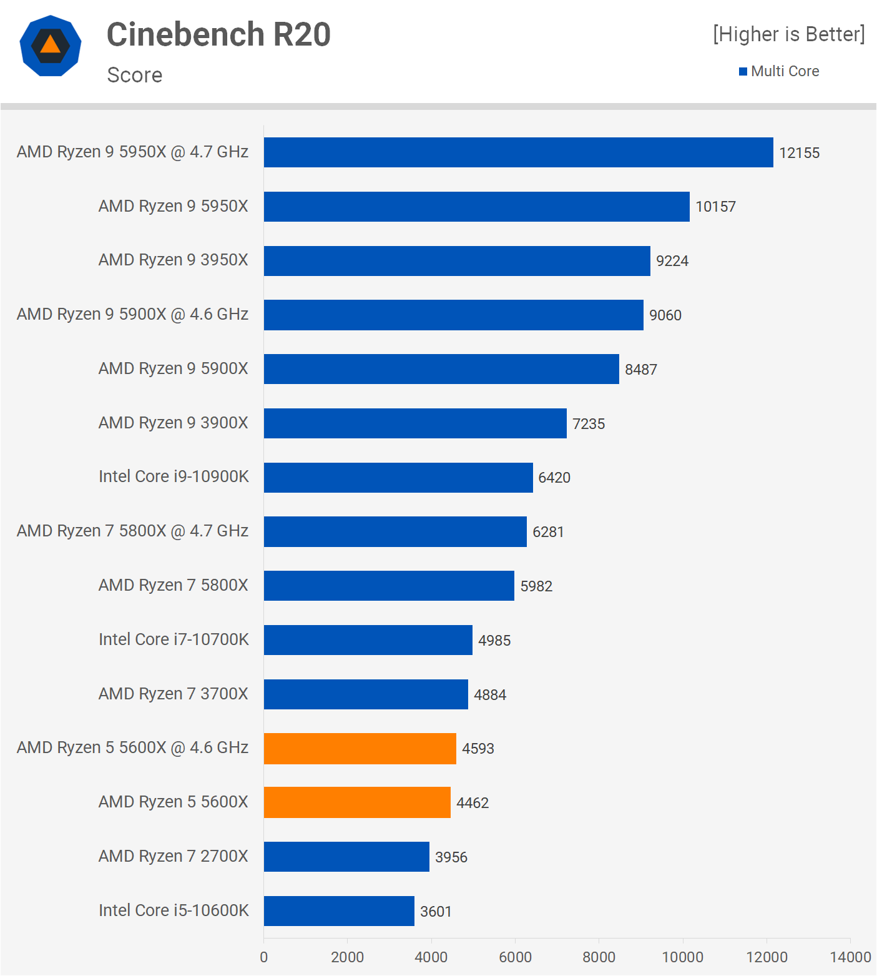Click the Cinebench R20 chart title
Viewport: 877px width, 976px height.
[x=218, y=34]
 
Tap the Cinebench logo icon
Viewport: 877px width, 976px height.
[x=51, y=46]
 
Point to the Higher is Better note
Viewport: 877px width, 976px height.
[x=789, y=34]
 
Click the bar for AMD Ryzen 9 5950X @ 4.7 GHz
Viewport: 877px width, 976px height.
[x=518, y=152]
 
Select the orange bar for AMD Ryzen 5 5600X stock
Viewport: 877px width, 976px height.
[x=357, y=802]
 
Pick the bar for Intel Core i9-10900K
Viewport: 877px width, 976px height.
[x=398, y=478]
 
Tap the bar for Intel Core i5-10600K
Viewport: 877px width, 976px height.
[x=339, y=911]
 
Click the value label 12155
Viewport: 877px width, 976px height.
[x=799, y=153]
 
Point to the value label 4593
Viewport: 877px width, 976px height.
[x=478, y=749]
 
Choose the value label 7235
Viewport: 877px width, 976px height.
[x=589, y=424]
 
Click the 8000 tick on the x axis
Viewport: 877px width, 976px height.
[x=599, y=957]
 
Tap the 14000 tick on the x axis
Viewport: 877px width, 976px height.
[x=850, y=957]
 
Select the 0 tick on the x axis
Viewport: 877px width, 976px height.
[x=264, y=957]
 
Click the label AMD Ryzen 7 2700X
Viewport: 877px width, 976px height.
[x=173, y=856]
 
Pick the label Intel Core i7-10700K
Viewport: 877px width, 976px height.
[x=174, y=639]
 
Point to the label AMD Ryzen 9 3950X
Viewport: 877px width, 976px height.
[x=173, y=260]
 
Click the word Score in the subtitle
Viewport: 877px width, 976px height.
[x=135, y=75]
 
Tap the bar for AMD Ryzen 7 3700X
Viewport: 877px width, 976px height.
[x=366, y=694]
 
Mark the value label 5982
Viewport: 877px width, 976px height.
[x=536, y=586]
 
